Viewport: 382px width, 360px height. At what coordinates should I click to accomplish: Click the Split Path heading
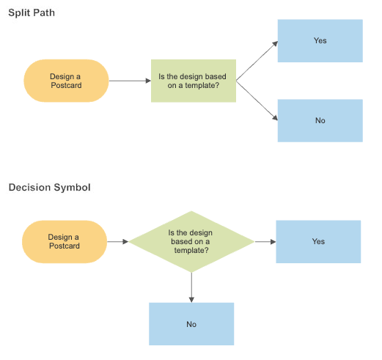32,14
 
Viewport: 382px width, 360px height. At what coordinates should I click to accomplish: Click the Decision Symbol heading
49,188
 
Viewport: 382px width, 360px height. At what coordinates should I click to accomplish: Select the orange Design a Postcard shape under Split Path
66,81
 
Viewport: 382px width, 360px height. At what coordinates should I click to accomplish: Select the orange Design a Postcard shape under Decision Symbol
65,242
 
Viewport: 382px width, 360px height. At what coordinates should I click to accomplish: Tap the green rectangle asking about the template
194,81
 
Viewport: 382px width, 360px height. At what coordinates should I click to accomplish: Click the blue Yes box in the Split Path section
320,41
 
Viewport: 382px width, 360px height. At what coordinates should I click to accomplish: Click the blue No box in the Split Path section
320,121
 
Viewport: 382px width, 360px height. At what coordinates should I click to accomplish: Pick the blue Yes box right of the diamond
318,241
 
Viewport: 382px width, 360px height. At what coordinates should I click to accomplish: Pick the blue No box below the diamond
191,324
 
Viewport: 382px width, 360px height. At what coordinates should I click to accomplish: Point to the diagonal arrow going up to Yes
257,60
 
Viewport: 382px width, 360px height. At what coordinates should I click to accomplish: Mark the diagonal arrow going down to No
257,100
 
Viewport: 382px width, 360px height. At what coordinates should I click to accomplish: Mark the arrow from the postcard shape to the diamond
118,241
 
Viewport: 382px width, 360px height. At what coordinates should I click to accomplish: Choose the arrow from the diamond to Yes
264,241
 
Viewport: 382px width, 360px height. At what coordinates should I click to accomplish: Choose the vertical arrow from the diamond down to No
191,287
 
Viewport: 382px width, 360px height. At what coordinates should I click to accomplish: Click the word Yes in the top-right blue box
320,41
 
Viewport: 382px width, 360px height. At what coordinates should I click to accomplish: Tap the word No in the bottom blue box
191,324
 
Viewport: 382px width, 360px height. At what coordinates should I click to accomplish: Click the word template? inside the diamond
191,251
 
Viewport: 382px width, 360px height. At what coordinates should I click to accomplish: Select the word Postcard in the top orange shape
66,86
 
